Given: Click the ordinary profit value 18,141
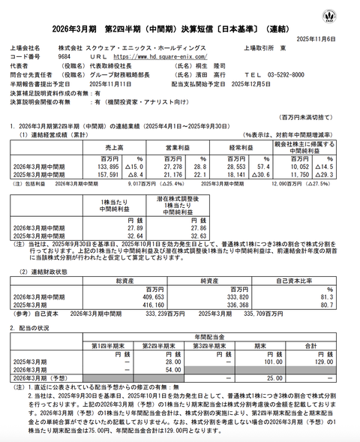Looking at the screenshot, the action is coord(233,176).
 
